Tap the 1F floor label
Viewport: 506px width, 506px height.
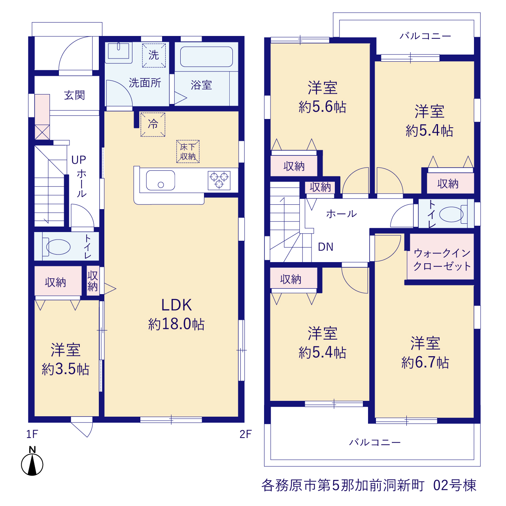pos(32,434)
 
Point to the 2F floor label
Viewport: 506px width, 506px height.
pos(245,434)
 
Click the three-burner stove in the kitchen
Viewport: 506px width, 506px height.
pos(219,180)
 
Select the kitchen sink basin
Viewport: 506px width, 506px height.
pos(160,180)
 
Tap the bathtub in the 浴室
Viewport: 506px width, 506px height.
pos(206,57)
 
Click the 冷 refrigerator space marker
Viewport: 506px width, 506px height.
pos(153,125)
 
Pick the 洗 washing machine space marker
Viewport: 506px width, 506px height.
pos(154,55)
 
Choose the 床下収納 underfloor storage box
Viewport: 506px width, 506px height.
pos(188,151)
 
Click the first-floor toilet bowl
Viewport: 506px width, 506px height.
pos(57,247)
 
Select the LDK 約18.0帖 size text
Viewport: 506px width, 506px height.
pos(176,314)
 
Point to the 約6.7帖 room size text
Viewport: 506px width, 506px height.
pos(425,363)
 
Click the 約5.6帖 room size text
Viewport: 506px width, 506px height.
pos(323,107)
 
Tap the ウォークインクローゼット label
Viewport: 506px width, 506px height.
pos(442,260)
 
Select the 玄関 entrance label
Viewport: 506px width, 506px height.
pos(74,95)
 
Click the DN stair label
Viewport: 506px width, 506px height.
pos(326,247)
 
